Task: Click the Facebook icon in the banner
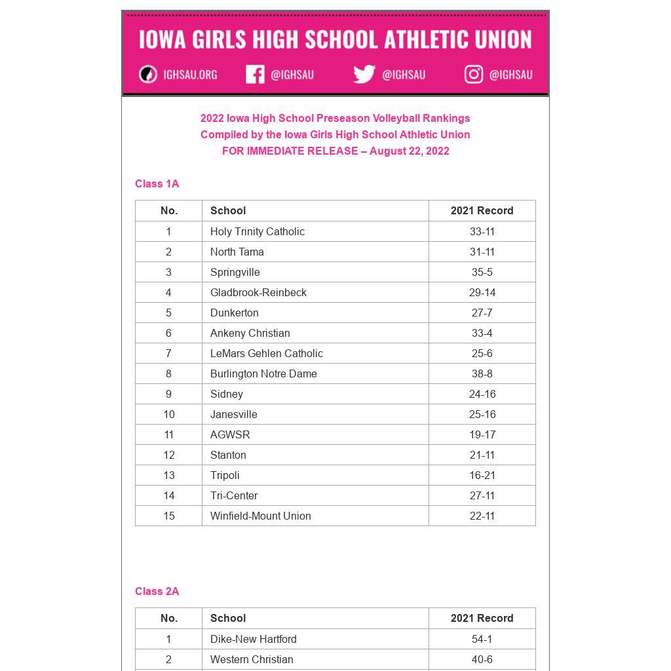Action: coord(255,75)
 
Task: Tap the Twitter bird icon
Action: coord(364,75)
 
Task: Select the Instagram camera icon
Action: coord(474,75)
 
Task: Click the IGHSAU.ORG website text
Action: coord(190,75)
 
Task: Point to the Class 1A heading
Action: coord(157,184)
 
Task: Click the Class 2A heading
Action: coord(157,592)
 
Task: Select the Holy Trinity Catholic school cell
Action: coord(258,231)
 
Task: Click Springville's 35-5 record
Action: coord(482,272)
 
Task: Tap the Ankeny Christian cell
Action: coord(250,333)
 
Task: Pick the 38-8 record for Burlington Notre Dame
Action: coord(482,374)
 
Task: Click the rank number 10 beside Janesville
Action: coord(169,414)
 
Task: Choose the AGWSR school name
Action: coord(230,434)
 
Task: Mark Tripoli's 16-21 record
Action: coord(482,475)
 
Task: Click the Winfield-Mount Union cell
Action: coord(260,516)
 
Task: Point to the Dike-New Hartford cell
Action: coord(253,639)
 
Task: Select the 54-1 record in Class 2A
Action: coord(482,639)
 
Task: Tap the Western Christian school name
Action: coord(252,659)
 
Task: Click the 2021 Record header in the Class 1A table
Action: coord(482,210)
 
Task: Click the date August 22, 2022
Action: coord(410,151)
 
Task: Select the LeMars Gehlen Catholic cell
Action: coord(266,353)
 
